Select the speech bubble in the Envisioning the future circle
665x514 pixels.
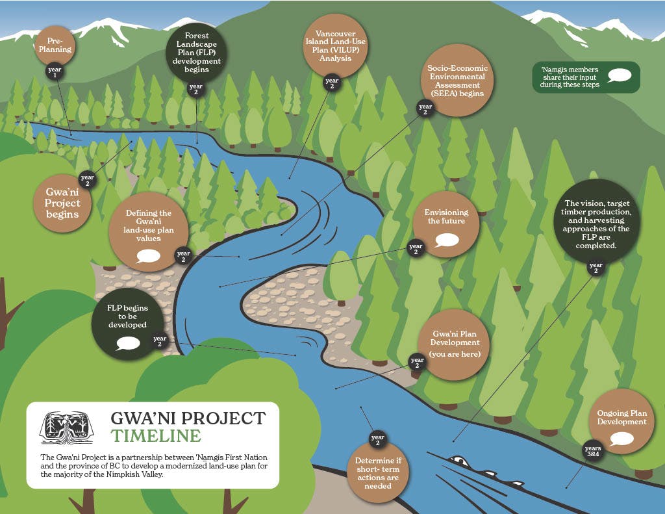(x=447, y=240)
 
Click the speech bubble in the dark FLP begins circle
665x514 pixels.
(x=127, y=342)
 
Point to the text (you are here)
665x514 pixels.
(x=455, y=354)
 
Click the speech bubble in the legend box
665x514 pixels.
(x=619, y=76)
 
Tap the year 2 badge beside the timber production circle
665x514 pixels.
(x=595, y=267)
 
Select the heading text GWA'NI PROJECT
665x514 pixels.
(x=188, y=417)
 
